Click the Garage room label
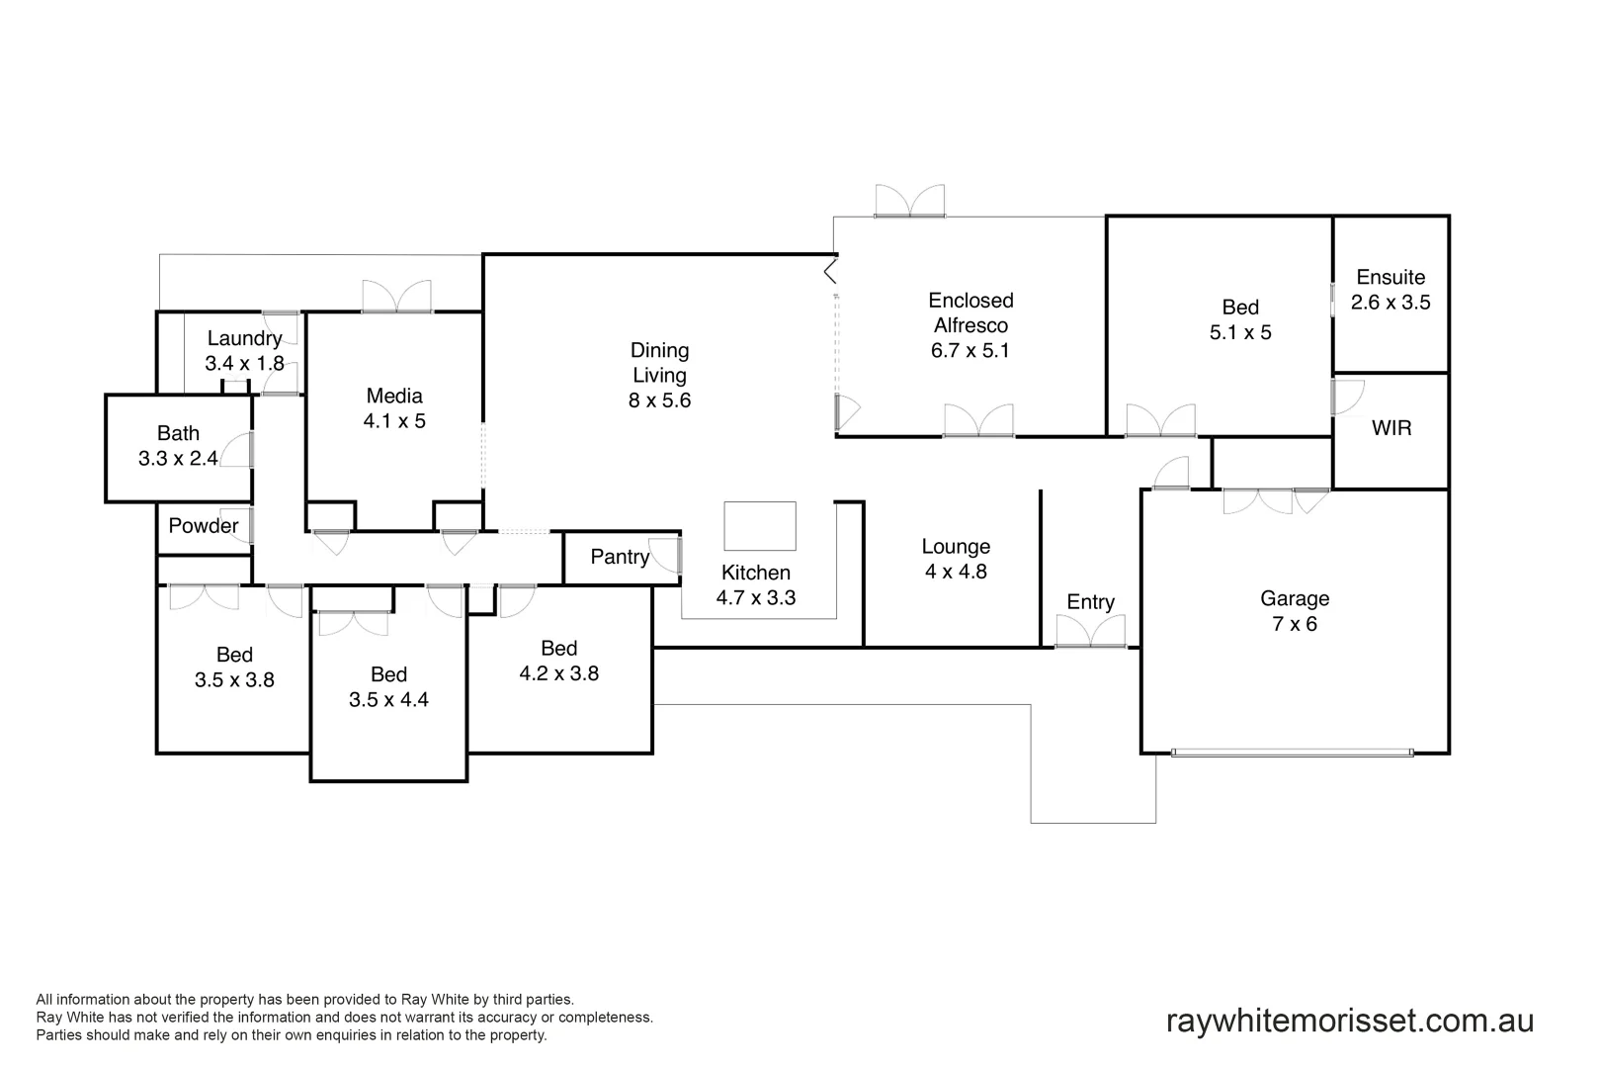[x=1294, y=598]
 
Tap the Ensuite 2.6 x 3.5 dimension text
[x=1390, y=303]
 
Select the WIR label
[x=1391, y=428]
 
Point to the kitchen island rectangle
[x=759, y=525]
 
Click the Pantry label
[x=620, y=557]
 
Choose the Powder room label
[x=203, y=525]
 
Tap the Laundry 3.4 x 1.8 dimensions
[x=244, y=364]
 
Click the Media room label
[x=394, y=396]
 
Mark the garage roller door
[x=1292, y=753]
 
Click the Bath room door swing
[x=236, y=451]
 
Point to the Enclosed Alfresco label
[x=970, y=312]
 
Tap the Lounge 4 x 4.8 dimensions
[x=956, y=572]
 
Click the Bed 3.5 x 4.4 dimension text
[x=388, y=700]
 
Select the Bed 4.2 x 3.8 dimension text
[x=558, y=673]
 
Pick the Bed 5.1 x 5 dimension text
[x=1240, y=333]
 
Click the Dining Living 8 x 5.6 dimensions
[x=659, y=400]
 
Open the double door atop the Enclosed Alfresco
[x=909, y=201]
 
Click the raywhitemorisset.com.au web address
[x=1350, y=1021]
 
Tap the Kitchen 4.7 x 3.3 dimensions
[x=756, y=598]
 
